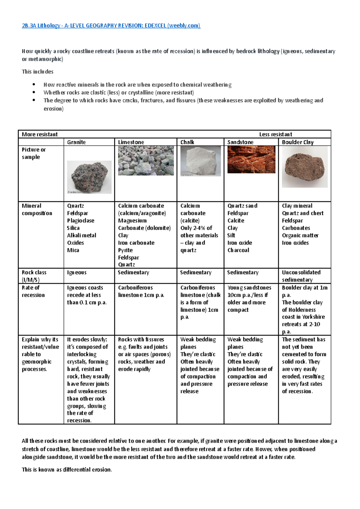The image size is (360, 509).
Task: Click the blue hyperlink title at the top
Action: [111, 25]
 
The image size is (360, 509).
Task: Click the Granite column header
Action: [76, 142]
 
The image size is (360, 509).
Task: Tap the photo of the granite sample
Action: [89, 177]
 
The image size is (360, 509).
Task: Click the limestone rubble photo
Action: [146, 161]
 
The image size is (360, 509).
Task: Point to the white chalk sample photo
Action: [201, 161]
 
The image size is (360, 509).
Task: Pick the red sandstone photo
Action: [251, 159]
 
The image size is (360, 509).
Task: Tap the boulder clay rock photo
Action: [304, 167]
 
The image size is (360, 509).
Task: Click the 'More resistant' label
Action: [40, 134]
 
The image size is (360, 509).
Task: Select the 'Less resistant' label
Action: [275, 134]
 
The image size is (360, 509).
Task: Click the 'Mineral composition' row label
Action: [37, 210]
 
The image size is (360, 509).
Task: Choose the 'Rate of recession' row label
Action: [33, 291]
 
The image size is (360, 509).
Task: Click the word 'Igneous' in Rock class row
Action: [77, 272]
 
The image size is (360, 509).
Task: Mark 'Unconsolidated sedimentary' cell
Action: [301, 276]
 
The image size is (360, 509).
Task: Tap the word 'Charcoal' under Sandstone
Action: [238, 250]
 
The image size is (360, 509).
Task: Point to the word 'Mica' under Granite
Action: [73, 250]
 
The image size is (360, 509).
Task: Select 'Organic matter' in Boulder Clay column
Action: [300, 235]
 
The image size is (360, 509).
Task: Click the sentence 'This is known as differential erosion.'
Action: [67, 469]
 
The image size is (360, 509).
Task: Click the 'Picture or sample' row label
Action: [34, 153]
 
